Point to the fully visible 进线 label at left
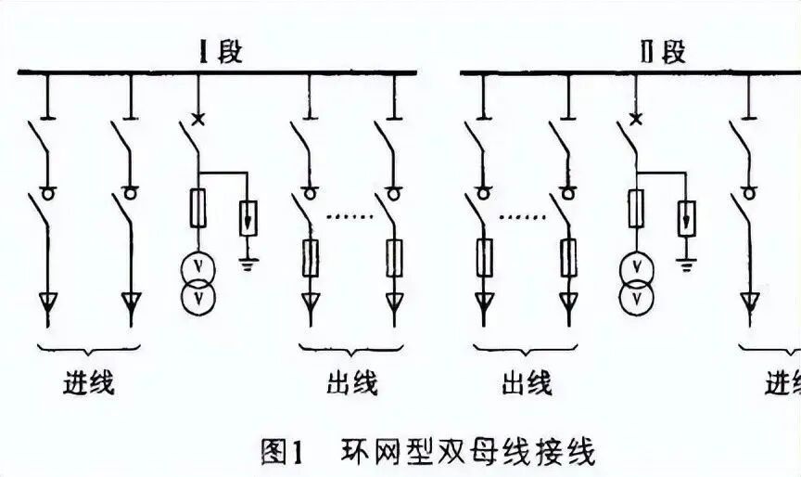(90, 381)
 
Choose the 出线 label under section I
(352, 381)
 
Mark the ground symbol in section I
(248, 263)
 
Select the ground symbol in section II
(686, 263)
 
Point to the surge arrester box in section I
(248, 219)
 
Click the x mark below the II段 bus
(635, 119)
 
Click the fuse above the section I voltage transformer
(197, 208)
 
